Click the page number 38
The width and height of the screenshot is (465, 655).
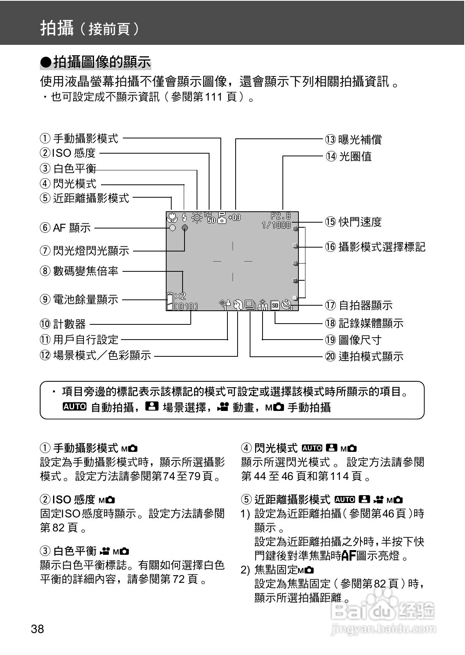37,629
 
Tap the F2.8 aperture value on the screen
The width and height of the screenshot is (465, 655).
281,216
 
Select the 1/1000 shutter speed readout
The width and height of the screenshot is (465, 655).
276,225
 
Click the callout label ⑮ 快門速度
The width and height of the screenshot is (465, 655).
353,222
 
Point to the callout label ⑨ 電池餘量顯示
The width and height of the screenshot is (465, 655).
79,299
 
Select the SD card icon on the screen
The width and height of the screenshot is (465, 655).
275,305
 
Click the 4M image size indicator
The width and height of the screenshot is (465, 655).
263,306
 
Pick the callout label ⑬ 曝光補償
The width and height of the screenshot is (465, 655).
353,140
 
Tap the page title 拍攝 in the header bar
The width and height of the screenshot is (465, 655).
57,28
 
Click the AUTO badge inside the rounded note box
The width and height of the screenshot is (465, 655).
75,407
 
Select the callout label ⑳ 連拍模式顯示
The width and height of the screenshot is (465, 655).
364,356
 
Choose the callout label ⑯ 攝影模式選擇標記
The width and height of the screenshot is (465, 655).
375,247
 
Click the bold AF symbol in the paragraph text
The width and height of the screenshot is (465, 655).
348,556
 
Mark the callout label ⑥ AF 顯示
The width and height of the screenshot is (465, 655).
65,227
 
